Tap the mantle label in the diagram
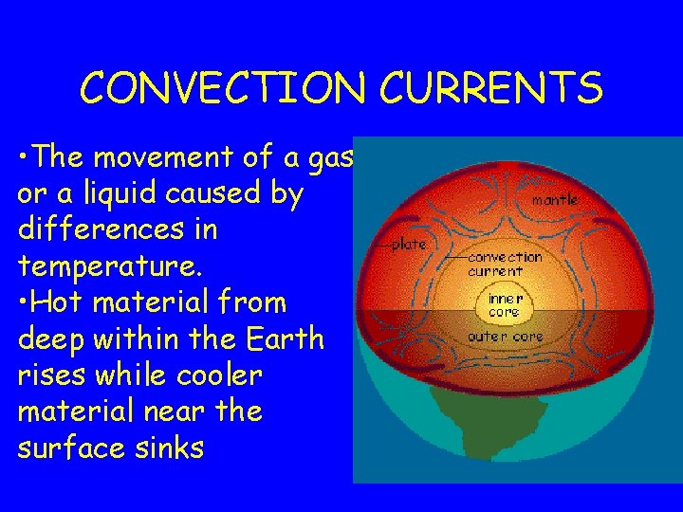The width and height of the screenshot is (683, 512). coord(555,200)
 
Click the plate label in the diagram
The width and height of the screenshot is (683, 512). coord(409,244)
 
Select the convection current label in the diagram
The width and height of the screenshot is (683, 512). coord(505,263)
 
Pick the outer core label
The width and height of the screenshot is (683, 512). coord(506,337)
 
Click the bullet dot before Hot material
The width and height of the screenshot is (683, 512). coord(24,303)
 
